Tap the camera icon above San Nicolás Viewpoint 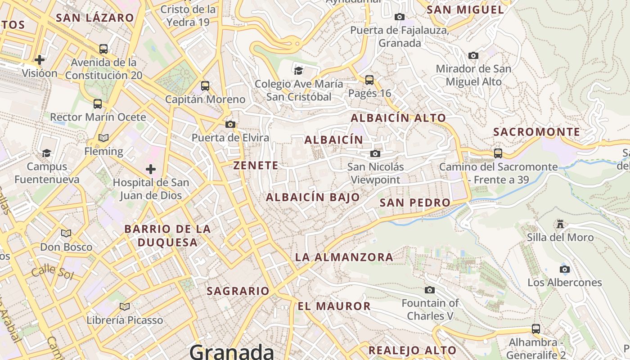pos(375,154)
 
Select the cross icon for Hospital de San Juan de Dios pos(151,169)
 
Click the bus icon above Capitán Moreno pos(205,85)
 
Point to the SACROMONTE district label pos(536,132)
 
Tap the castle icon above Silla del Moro pos(560,224)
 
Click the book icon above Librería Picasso pos(125,306)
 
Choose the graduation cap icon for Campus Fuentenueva pos(46,153)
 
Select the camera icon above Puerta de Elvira pos(230,124)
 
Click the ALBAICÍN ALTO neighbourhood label pos(398,118)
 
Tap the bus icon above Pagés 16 pos(369,80)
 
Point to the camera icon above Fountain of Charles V pos(430,290)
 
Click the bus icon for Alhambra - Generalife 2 pos(535,329)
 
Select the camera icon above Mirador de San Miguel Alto pos(473,55)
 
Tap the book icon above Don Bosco pos(66,233)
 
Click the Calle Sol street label pos(52,271)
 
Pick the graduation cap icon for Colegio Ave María pos(298,70)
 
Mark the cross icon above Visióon pos(40,59)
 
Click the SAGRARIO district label pos(238,291)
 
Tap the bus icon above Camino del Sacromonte pos(498,153)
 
